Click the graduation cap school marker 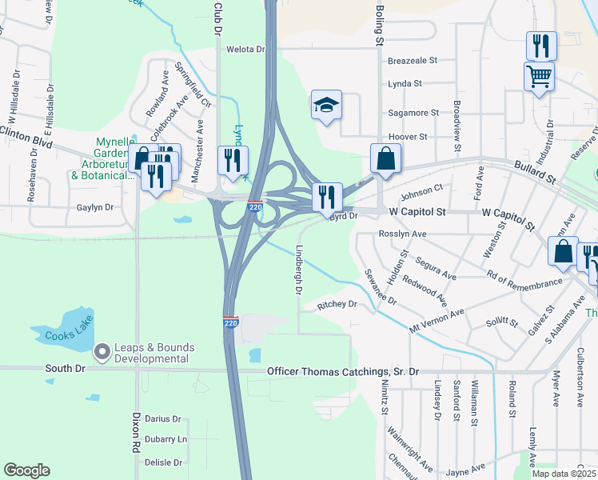(326, 106)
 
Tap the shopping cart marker (540, 78)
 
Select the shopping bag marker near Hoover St (385, 159)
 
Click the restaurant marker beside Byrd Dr (326, 197)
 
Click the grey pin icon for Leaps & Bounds (102, 350)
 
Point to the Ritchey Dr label (337, 305)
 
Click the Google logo (26, 470)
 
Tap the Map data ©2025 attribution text (564, 474)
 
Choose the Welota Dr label (245, 50)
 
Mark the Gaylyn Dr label (95, 207)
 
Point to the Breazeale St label (413, 60)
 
